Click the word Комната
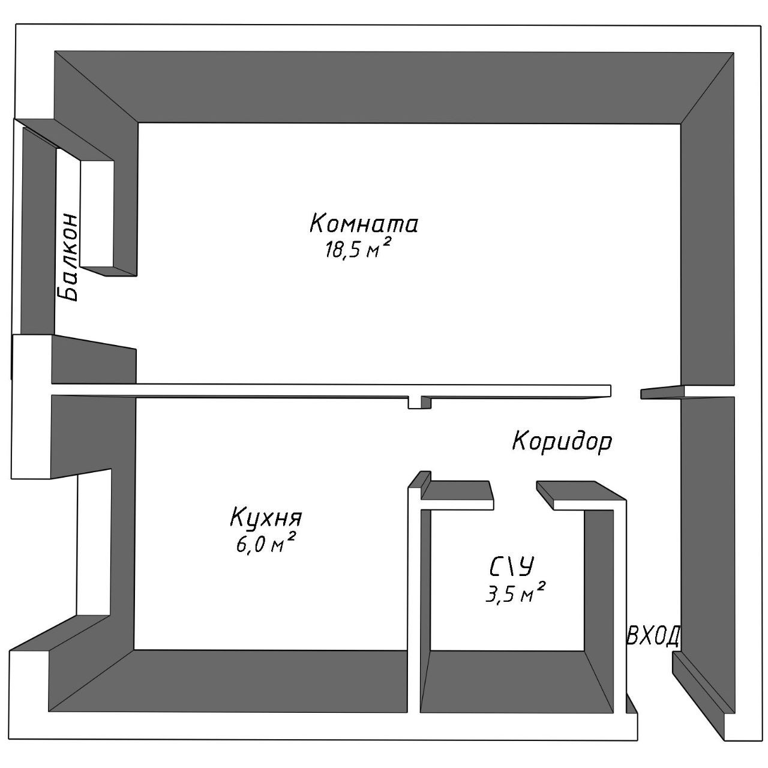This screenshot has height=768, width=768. [x=364, y=224]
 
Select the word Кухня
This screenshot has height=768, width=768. [x=266, y=517]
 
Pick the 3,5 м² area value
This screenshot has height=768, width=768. [x=515, y=593]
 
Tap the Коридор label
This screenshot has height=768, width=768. [x=562, y=442]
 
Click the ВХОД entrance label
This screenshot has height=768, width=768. [x=653, y=636]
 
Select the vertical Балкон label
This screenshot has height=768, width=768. [x=68, y=256]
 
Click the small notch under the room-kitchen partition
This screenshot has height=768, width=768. [x=418, y=402]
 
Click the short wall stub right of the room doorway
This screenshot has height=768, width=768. [x=662, y=392]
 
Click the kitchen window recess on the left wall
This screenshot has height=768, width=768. [x=93, y=543]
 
